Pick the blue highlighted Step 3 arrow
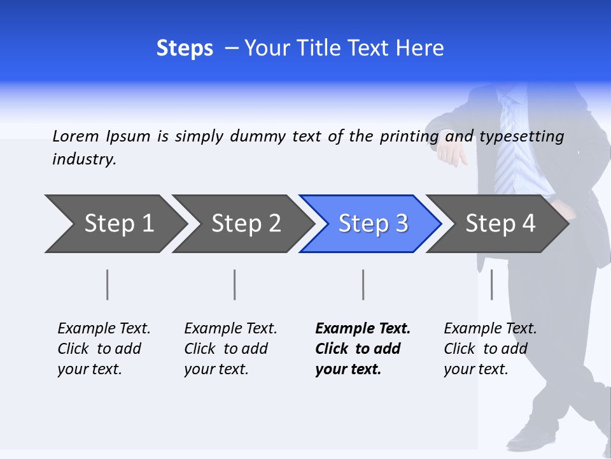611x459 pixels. coord(372,224)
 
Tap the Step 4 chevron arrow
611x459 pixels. coord(500,224)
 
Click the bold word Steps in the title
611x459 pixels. coord(185,48)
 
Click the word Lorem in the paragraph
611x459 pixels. coord(76,136)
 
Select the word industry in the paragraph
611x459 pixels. coord(84,159)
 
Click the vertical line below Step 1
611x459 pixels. coord(108,284)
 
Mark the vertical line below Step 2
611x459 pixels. coord(235,284)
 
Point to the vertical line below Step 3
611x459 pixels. coord(363,284)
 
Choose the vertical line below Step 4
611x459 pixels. coord(491,284)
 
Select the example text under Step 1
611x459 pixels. coord(103,349)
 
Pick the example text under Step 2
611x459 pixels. coord(230,349)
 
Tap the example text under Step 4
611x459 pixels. coord(489,349)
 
